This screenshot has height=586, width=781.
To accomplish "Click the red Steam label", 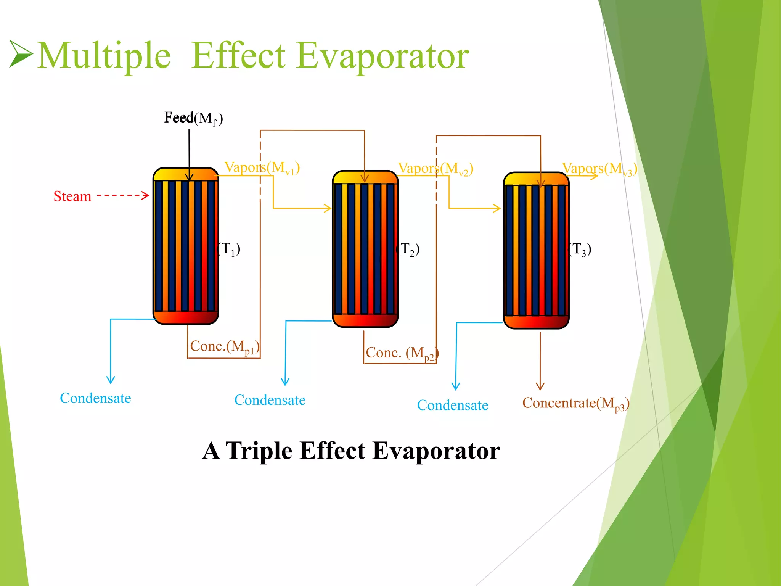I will (72, 196).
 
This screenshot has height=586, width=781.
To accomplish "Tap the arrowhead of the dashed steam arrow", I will (145, 196).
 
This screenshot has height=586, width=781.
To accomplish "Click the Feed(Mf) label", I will (193, 118).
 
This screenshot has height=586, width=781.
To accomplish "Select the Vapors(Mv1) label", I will (262, 168).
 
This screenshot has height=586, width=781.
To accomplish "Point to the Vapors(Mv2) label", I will (435, 169).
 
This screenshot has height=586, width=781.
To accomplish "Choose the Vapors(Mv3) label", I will (599, 169).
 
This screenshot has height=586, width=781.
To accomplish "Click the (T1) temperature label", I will (229, 249).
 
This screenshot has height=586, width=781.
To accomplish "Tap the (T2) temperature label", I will (408, 249).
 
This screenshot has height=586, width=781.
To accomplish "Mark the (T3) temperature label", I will (580, 250).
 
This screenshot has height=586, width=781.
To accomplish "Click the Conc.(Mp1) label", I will (225, 347).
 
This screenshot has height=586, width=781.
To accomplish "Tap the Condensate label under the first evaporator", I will (95, 398).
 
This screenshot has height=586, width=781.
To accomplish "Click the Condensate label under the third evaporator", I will (453, 405).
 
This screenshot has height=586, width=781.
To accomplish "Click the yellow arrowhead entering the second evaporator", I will (328, 208).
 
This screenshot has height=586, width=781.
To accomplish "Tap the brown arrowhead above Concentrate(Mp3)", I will (540, 386).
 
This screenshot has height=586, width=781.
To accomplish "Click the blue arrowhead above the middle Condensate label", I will (285, 382).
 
